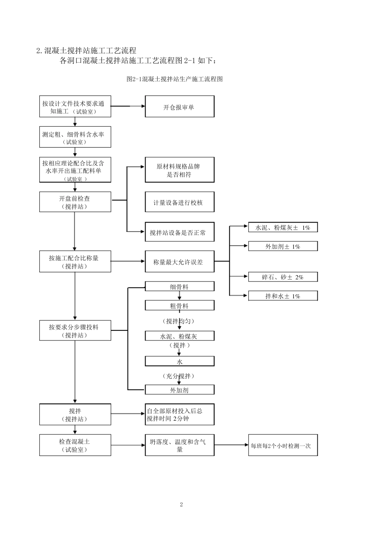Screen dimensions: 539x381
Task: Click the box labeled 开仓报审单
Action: [x=179, y=107]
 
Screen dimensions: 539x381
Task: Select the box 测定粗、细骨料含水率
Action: [x=75, y=138]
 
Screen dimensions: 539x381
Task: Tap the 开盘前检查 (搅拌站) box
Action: [x=75, y=202]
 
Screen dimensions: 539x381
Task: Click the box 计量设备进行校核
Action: [x=179, y=202]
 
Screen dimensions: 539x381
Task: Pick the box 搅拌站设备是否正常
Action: [x=179, y=232]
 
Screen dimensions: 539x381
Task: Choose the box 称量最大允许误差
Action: [x=179, y=261]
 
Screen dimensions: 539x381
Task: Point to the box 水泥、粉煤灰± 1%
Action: [x=283, y=227]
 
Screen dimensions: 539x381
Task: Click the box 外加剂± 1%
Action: [x=283, y=246]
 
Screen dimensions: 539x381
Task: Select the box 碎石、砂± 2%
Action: [x=283, y=277]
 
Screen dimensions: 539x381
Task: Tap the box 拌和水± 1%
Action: [x=283, y=296]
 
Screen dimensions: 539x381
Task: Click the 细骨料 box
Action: [x=179, y=286]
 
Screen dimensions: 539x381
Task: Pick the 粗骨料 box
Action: [x=179, y=306]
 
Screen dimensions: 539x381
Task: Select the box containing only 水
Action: [x=179, y=361]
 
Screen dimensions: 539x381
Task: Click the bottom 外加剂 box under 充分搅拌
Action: [x=179, y=389]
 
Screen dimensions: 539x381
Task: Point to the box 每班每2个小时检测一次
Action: [x=283, y=445]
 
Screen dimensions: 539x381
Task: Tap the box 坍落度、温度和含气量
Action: [x=179, y=445]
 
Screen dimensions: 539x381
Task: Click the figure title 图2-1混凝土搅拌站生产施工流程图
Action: [x=174, y=79]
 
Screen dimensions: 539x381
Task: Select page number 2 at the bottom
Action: [x=181, y=505]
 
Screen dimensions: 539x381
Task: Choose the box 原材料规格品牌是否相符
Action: [x=179, y=170]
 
